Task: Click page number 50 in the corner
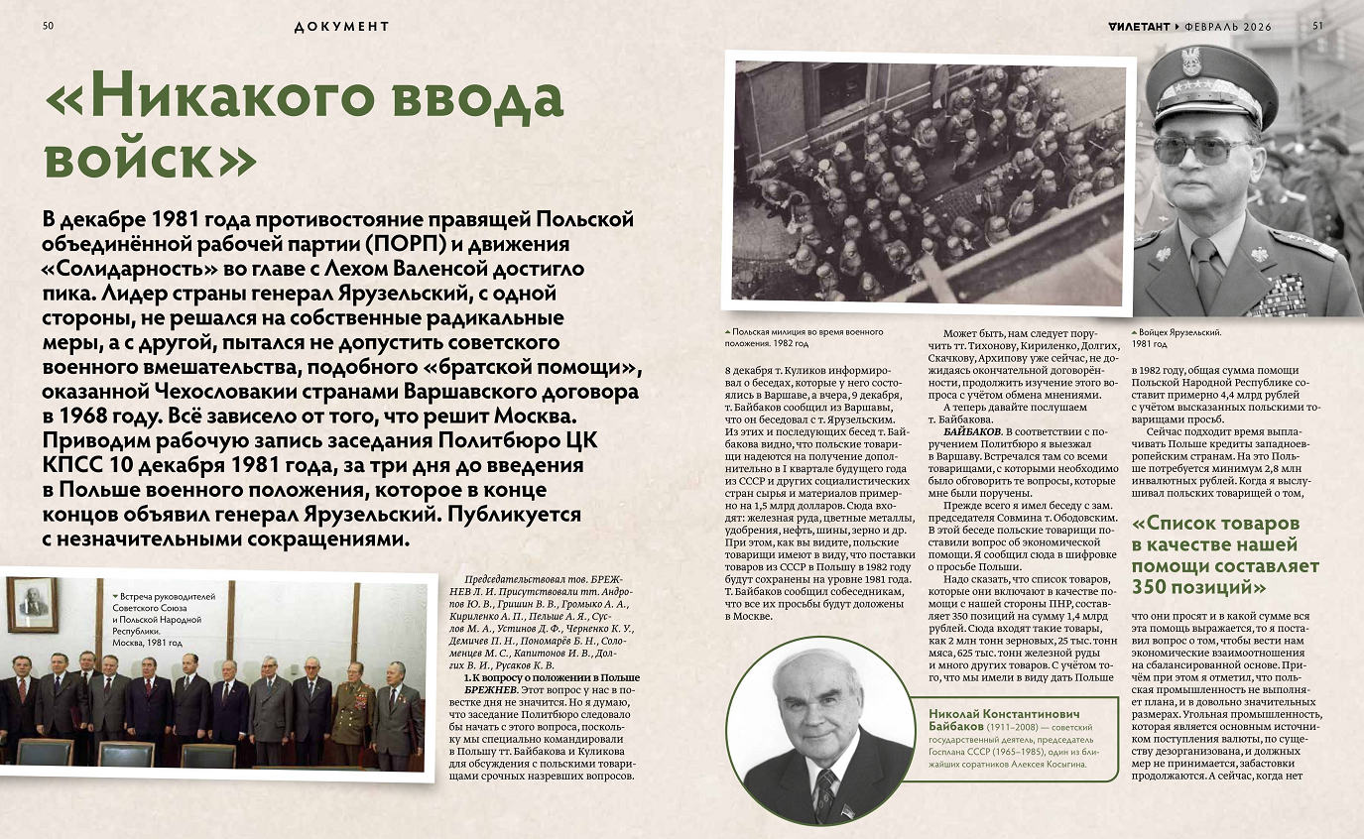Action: [48, 26]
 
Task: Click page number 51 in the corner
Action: [1317, 26]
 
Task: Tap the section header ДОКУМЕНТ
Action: [341, 27]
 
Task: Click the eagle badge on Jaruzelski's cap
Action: [1190, 61]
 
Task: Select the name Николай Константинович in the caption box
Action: [1003, 715]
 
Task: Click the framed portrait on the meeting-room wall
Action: [32, 603]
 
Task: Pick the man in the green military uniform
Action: [351, 708]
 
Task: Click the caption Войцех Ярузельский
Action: [1177, 333]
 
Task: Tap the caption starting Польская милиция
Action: [805, 332]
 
